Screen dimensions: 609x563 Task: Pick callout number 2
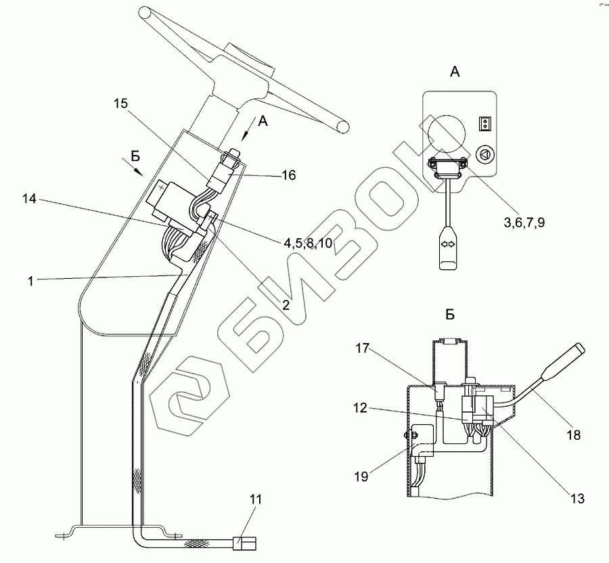coord(286,305)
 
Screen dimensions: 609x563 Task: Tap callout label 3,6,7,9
coord(524,220)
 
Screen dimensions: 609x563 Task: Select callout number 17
coord(363,349)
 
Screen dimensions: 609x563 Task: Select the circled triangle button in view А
coord(484,154)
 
